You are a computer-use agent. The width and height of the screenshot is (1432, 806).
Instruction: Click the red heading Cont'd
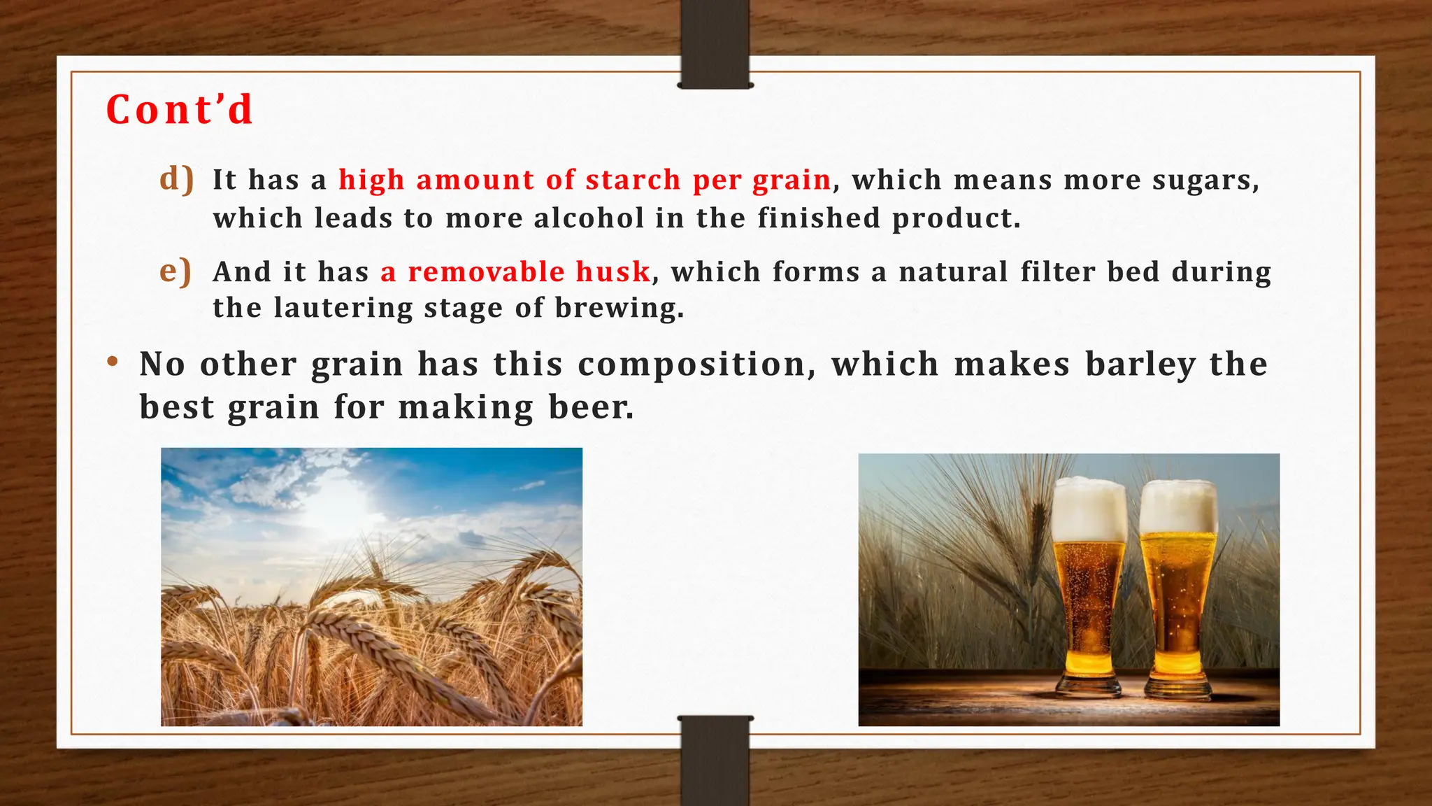click(179, 111)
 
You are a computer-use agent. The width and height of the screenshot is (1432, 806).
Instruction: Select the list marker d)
click(176, 179)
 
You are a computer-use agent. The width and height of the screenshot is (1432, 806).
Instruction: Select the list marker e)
click(175, 271)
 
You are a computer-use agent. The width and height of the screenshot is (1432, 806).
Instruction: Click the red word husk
click(613, 271)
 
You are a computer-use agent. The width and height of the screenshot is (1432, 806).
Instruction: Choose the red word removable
click(486, 271)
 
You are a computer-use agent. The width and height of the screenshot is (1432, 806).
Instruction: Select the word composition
click(696, 365)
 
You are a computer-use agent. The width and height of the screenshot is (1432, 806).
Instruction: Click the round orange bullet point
click(112, 362)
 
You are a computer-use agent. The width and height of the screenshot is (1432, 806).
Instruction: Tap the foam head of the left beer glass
click(1089, 509)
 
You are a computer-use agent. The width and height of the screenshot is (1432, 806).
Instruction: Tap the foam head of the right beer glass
click(1178, 507)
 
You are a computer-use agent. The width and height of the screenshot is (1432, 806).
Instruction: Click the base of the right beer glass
click(1177, 689)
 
